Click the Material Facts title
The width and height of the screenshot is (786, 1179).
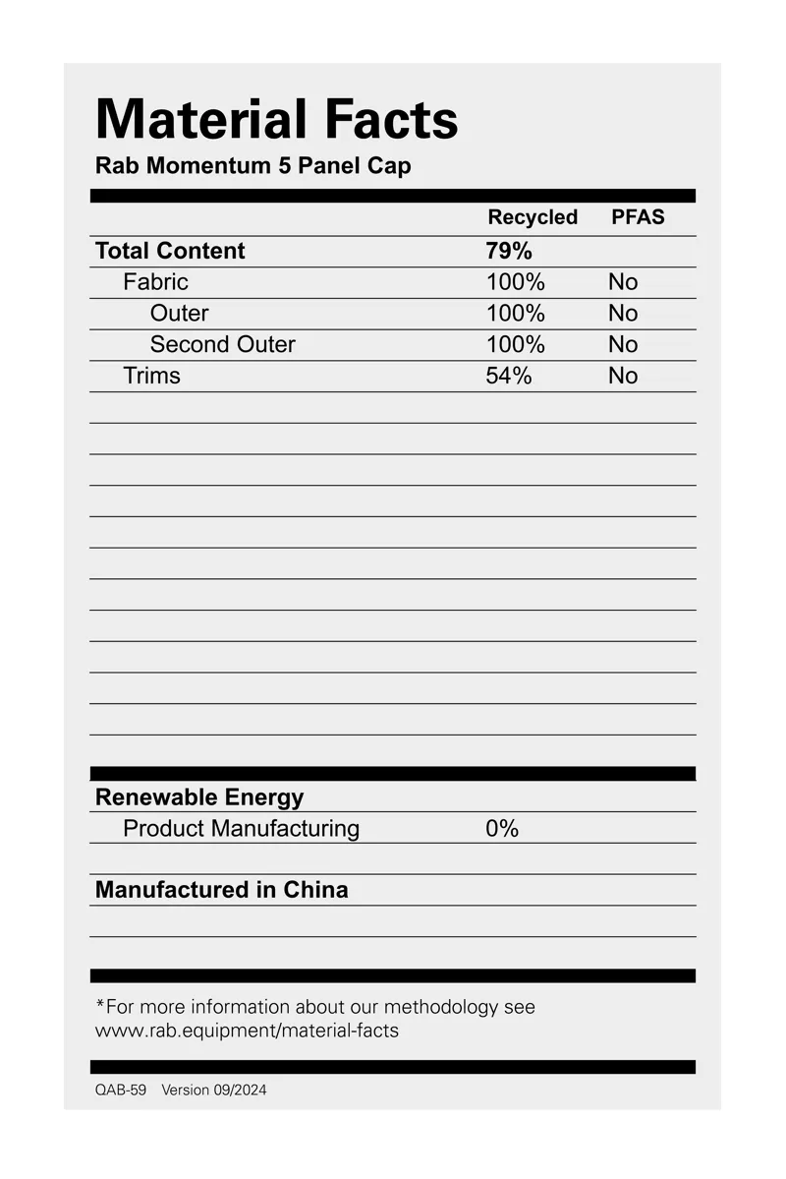[x=276, y=120]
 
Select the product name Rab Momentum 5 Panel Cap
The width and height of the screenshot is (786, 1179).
[x=253, y=165]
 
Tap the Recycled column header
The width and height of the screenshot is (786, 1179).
[x=533, y=217]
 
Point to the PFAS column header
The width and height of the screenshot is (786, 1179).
[x=638, y=217]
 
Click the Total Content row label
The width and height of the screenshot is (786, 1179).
[x=170, y=251]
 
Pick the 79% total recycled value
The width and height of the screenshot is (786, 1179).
[x=509, y=251]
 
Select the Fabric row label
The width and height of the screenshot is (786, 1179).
[x=155, y=282]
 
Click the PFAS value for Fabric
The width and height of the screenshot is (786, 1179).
[x=623, y=282]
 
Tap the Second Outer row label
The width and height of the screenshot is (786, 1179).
[x=222, y=344]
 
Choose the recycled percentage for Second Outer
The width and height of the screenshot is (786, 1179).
[x=515, y=344]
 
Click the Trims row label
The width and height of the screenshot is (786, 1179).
[x=151, y=376]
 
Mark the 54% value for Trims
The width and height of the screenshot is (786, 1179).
[x=509, y=376]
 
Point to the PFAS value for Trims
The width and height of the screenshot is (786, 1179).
[x=623, y=376]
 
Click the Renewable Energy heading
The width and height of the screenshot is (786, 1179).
[x=199, y=797]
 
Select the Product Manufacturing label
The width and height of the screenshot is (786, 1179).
[x=241, y=829]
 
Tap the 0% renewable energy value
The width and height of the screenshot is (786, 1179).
[x=502, y=829]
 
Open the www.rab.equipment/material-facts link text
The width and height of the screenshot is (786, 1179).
[x=247, y=1031]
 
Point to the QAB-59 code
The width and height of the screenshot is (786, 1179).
[x=120, y=1091]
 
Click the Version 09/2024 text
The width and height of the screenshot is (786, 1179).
[x=213, y=1091]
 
